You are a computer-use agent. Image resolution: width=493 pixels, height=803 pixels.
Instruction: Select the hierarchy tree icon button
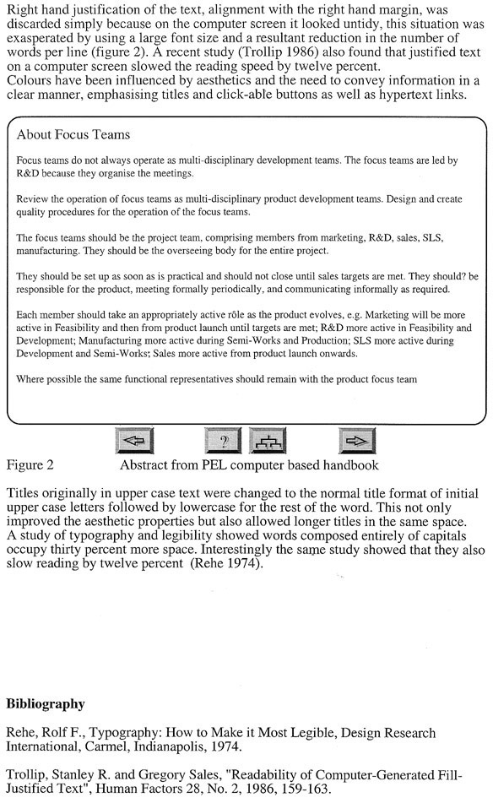(269, 441)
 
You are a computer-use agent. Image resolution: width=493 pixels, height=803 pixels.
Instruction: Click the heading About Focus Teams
(73, 135)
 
